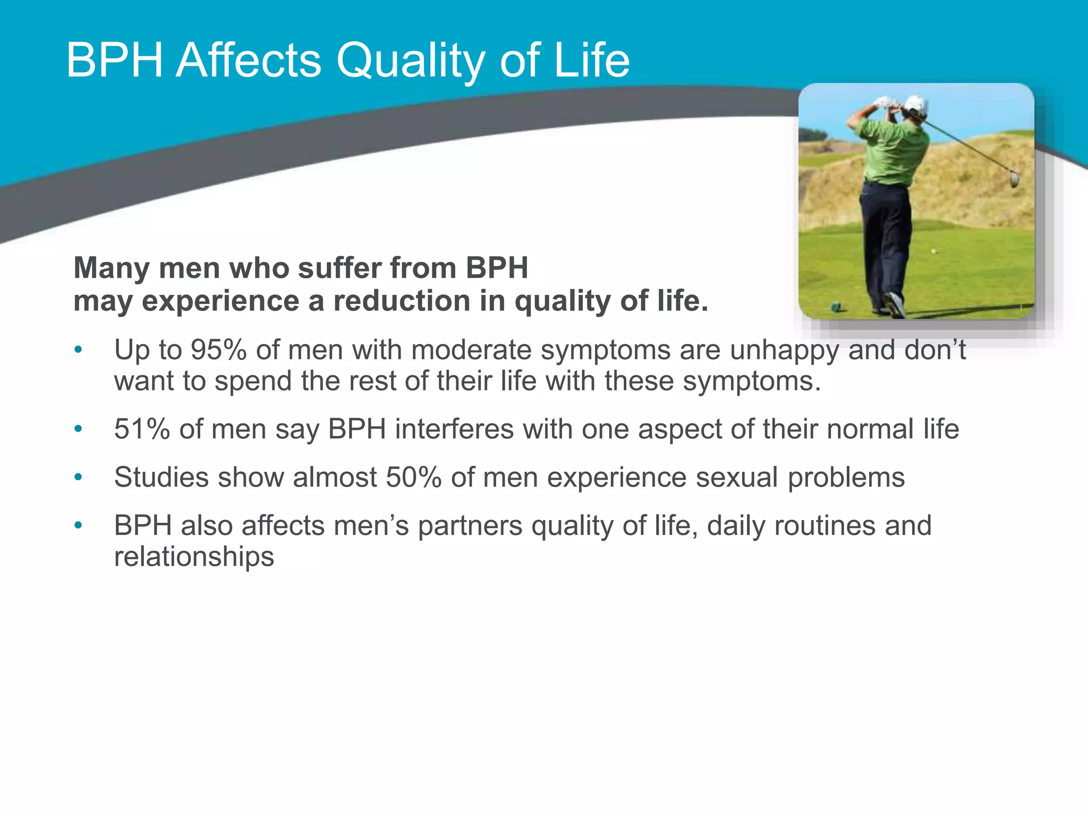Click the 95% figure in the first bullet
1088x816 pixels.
click(x=218, y=350)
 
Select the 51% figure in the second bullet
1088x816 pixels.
click(x=142, y=429)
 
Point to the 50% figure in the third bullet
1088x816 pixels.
click(x=413, y=477)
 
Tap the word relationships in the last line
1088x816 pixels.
click(x=194, y=557)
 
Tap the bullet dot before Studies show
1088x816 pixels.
click(x=79, y=477)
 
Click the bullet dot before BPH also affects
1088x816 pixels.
click(x=79, y=525)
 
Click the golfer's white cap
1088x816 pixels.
click(x=916, y=105)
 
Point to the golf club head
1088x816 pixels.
click(x=1014, y=178)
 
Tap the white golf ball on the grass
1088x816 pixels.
click(x=933, y=251)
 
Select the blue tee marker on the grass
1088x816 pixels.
click(x=836, y=307)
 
